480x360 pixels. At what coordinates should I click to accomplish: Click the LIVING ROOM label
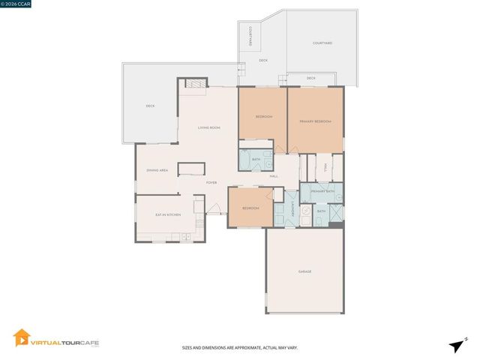tap(208, 127)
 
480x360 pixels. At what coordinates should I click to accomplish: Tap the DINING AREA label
tap(157, 171)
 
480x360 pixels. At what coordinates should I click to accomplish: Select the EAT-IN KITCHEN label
tap(168, 215)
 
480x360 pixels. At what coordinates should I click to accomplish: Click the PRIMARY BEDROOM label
tap(315, 121)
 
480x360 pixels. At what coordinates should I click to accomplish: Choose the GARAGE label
tap(304, 271)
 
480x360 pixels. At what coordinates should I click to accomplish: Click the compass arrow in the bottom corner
tap(454, 344)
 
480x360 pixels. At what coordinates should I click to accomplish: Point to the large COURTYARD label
tap(322, 43)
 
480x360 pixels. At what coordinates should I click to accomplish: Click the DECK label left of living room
tap(150, 106)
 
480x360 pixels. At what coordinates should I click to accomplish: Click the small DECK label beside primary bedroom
tap(310, 78)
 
